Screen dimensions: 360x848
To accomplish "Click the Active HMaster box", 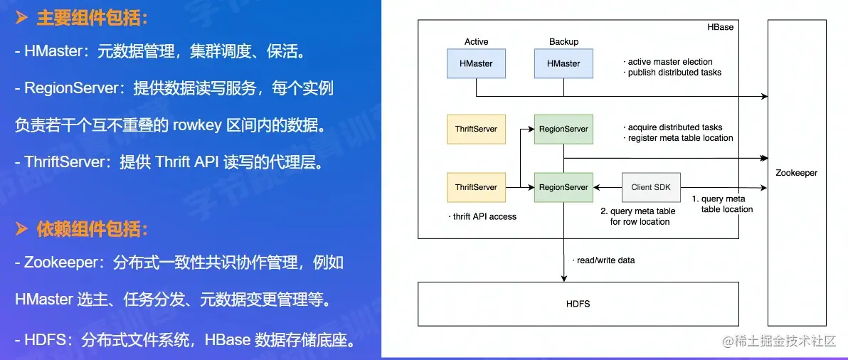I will pyautogui.click(x=476, y=63).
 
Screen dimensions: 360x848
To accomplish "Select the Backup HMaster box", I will pyautogui.click(x=563, y=63).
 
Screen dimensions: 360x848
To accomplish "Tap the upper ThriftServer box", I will pyautogui.click(x=476, y=129).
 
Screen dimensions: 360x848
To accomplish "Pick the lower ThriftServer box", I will pyautogui.click(x=476, y=187).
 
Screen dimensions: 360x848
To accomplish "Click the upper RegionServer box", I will pyautogui.click(x=563, y=129).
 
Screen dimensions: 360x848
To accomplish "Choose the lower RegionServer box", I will pyautogui.click(x=563, y=187).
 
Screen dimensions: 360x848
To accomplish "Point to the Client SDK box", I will pyautogui.click(x=650, y=187).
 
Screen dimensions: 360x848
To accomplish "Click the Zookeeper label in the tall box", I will pyautogui.click(x=797, y=173).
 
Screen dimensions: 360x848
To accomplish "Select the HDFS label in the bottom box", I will pyautogui.click(x=578, y=304).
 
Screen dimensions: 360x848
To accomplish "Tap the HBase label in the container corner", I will pyautogui.click(x=721, y=27).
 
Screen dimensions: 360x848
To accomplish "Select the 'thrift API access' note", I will pyautogui.click(x=482, y=216).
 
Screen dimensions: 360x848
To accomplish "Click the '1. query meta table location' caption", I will pyautogui.click(x=721, y=204).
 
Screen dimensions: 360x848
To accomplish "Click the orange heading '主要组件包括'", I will pyautogui.click(x=92, y=18).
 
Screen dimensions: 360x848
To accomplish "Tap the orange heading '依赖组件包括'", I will pyautogui.click(x=92, y=229).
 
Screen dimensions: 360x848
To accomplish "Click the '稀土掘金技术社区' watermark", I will pyautogui.click(x=779, y=342).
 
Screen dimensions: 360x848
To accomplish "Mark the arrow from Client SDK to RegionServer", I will pyautogui.click(x=608, y=187).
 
